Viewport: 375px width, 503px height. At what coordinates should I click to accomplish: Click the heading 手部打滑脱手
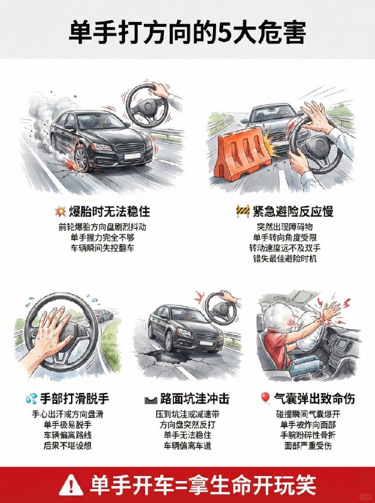[75, 398]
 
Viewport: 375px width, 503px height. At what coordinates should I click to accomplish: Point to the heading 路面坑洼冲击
[195, 399]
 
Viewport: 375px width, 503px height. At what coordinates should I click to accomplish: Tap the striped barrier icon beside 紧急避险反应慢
[242, 210]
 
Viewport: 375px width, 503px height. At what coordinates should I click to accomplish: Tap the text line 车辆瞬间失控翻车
[102, 248]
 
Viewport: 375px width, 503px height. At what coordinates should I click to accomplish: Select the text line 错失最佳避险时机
[285, 258]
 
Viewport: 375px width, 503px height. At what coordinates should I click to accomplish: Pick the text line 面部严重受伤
[307, 445]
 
